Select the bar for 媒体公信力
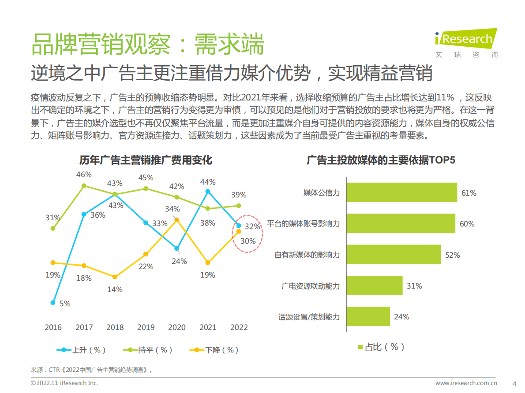[x=401, y=193]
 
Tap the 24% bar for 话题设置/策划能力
[x=368, y=316]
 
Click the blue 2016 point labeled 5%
[x=53, y=303]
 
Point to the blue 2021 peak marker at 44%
[x=208, y=191]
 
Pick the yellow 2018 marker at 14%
[x=115, y=277]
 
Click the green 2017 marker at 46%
[x=84, y=186]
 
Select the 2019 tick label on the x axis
[x=146, y=327]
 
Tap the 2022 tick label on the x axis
[x=239, y=327]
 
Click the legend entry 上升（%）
[x=81, y=350]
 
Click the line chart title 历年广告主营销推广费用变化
[x=146, y=160]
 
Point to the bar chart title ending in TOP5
[x=381, y=160]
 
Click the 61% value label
[x=469, y=193]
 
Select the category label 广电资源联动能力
[x=311, y=286]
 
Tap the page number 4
[x=514, y=383]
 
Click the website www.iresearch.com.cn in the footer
[x=466, y=383]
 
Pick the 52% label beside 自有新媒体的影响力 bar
[x=453, y=255]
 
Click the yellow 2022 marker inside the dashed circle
[x=239, y=231]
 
